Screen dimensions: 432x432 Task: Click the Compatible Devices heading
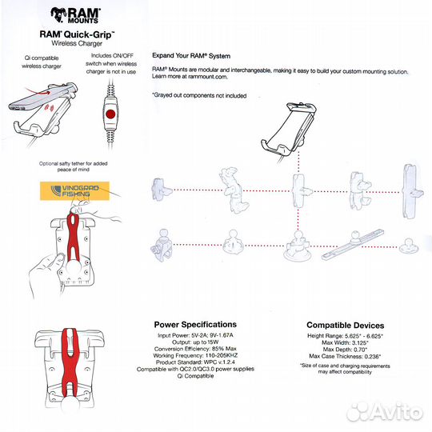345,326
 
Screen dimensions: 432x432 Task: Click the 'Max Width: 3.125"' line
345,343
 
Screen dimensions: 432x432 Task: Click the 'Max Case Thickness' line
345,358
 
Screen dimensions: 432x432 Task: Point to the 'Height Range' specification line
345,336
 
